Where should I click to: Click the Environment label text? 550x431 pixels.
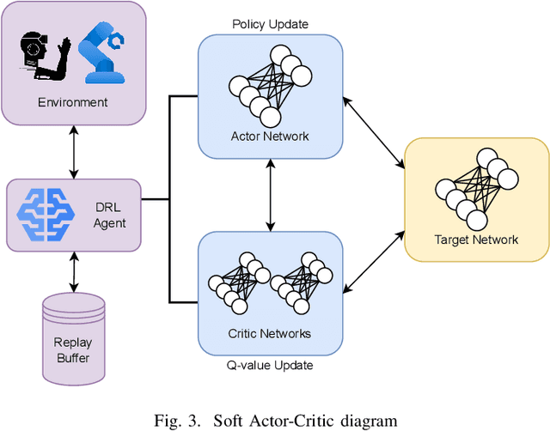[73, 103]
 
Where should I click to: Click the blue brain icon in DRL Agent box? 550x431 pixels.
[47, 215]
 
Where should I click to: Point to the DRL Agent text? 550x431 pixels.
[109, 215]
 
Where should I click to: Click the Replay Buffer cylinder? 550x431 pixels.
[73, 337]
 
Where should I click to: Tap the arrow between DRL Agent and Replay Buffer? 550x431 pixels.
[73, 272]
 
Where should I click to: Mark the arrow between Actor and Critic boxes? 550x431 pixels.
[272, 195]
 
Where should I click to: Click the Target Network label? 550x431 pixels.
[476, 240]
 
